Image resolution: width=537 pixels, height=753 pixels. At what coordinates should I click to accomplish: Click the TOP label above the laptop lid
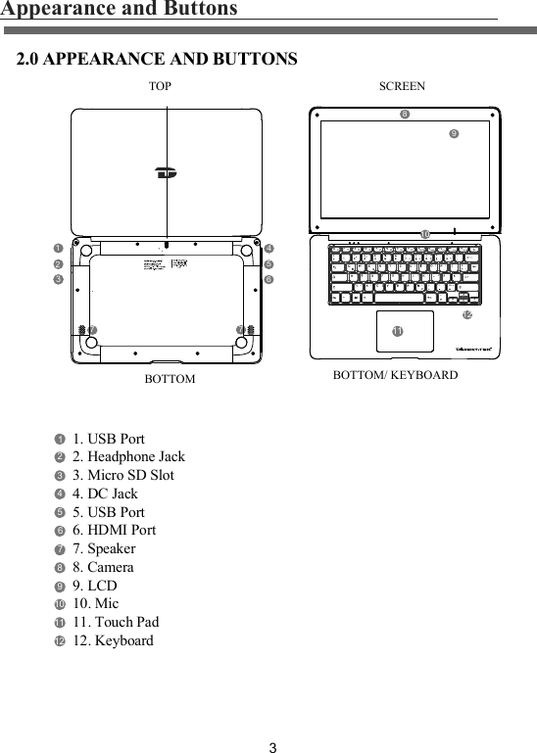point(160,86)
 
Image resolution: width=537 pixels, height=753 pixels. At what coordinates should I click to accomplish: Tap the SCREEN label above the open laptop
point(402,86)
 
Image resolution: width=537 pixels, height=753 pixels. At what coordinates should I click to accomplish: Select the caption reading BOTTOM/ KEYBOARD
point(395,375)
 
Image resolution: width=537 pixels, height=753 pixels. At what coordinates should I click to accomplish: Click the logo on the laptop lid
point(166,174)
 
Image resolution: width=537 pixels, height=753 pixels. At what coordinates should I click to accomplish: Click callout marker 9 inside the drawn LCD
point(454,133)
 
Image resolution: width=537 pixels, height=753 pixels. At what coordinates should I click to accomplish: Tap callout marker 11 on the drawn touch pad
point(397,333)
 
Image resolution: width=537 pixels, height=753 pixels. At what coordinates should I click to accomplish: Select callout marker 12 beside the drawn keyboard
point(466,315)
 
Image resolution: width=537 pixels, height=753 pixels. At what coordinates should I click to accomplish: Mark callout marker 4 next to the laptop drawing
point(268,248)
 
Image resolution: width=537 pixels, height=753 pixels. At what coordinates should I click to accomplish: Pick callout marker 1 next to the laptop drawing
point(58,248)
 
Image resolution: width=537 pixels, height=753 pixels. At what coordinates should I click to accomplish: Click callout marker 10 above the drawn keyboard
point(424,234)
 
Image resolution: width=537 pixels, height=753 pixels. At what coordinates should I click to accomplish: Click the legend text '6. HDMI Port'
point(114,530)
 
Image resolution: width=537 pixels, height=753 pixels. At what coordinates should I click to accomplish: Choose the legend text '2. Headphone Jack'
point(128,456)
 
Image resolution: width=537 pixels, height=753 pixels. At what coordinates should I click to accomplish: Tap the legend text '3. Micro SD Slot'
point(123,475)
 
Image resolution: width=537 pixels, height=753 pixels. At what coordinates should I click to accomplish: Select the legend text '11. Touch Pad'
point(116,622)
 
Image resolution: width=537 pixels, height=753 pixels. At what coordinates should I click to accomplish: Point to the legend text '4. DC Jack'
point(105,494)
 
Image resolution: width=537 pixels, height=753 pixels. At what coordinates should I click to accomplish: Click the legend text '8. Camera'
point(103,567)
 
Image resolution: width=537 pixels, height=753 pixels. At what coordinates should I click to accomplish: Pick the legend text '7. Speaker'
point(104,548)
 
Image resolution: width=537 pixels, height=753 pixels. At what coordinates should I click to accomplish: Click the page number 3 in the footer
point(273,749)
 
